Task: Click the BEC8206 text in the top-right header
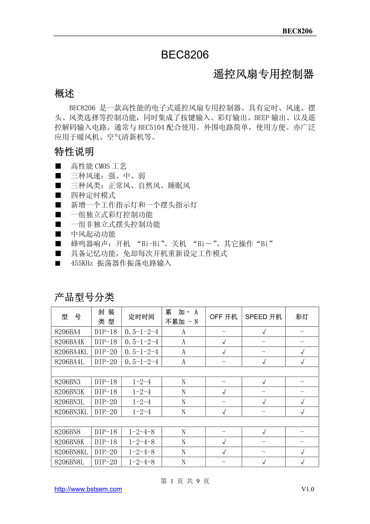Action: coord(297,31)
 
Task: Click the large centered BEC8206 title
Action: coord(185,55)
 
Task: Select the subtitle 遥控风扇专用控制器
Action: coord(263,74)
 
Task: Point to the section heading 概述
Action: coord(64,94)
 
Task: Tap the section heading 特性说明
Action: coord(74,152)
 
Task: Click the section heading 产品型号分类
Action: coord(84,297)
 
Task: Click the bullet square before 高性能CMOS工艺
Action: coord(58,166)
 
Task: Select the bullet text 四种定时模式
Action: coord(93,195)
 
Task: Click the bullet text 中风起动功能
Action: coord(93,234)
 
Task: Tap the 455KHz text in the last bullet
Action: coord(82,263)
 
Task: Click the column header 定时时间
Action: coord(142,317)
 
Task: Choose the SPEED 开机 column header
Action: coord(263,317)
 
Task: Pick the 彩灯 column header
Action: coord(302,317)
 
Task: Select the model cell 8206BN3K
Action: coord(69,392)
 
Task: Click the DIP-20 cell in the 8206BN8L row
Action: coord(106,462)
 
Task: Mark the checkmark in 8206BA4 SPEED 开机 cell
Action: coord(264,332)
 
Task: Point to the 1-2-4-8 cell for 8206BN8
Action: coord(142,432)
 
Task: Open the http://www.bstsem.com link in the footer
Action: coord(88,489)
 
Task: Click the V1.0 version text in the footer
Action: coord(308,489)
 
